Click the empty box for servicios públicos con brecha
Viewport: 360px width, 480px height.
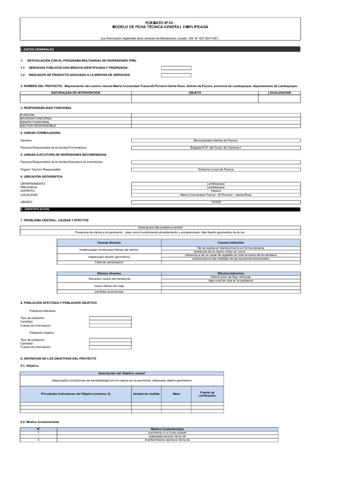176,68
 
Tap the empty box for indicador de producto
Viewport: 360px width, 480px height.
176,75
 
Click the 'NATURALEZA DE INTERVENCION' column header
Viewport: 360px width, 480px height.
75,93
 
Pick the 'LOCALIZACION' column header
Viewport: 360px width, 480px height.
279,93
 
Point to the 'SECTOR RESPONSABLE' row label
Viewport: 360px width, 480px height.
38,126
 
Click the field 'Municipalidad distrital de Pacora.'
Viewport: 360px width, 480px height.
215,140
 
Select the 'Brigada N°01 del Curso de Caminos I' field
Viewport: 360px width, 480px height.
215,148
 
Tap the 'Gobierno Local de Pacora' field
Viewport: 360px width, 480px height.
215,169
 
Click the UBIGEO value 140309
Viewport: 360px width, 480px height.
215,202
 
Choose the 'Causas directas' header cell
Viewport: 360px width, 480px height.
109,243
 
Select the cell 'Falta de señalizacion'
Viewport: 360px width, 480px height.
109,262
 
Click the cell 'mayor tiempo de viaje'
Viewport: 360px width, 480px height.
109,285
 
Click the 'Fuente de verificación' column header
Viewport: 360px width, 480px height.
207,394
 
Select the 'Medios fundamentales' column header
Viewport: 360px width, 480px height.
167,428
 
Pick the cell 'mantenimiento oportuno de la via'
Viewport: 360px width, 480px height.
167,440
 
